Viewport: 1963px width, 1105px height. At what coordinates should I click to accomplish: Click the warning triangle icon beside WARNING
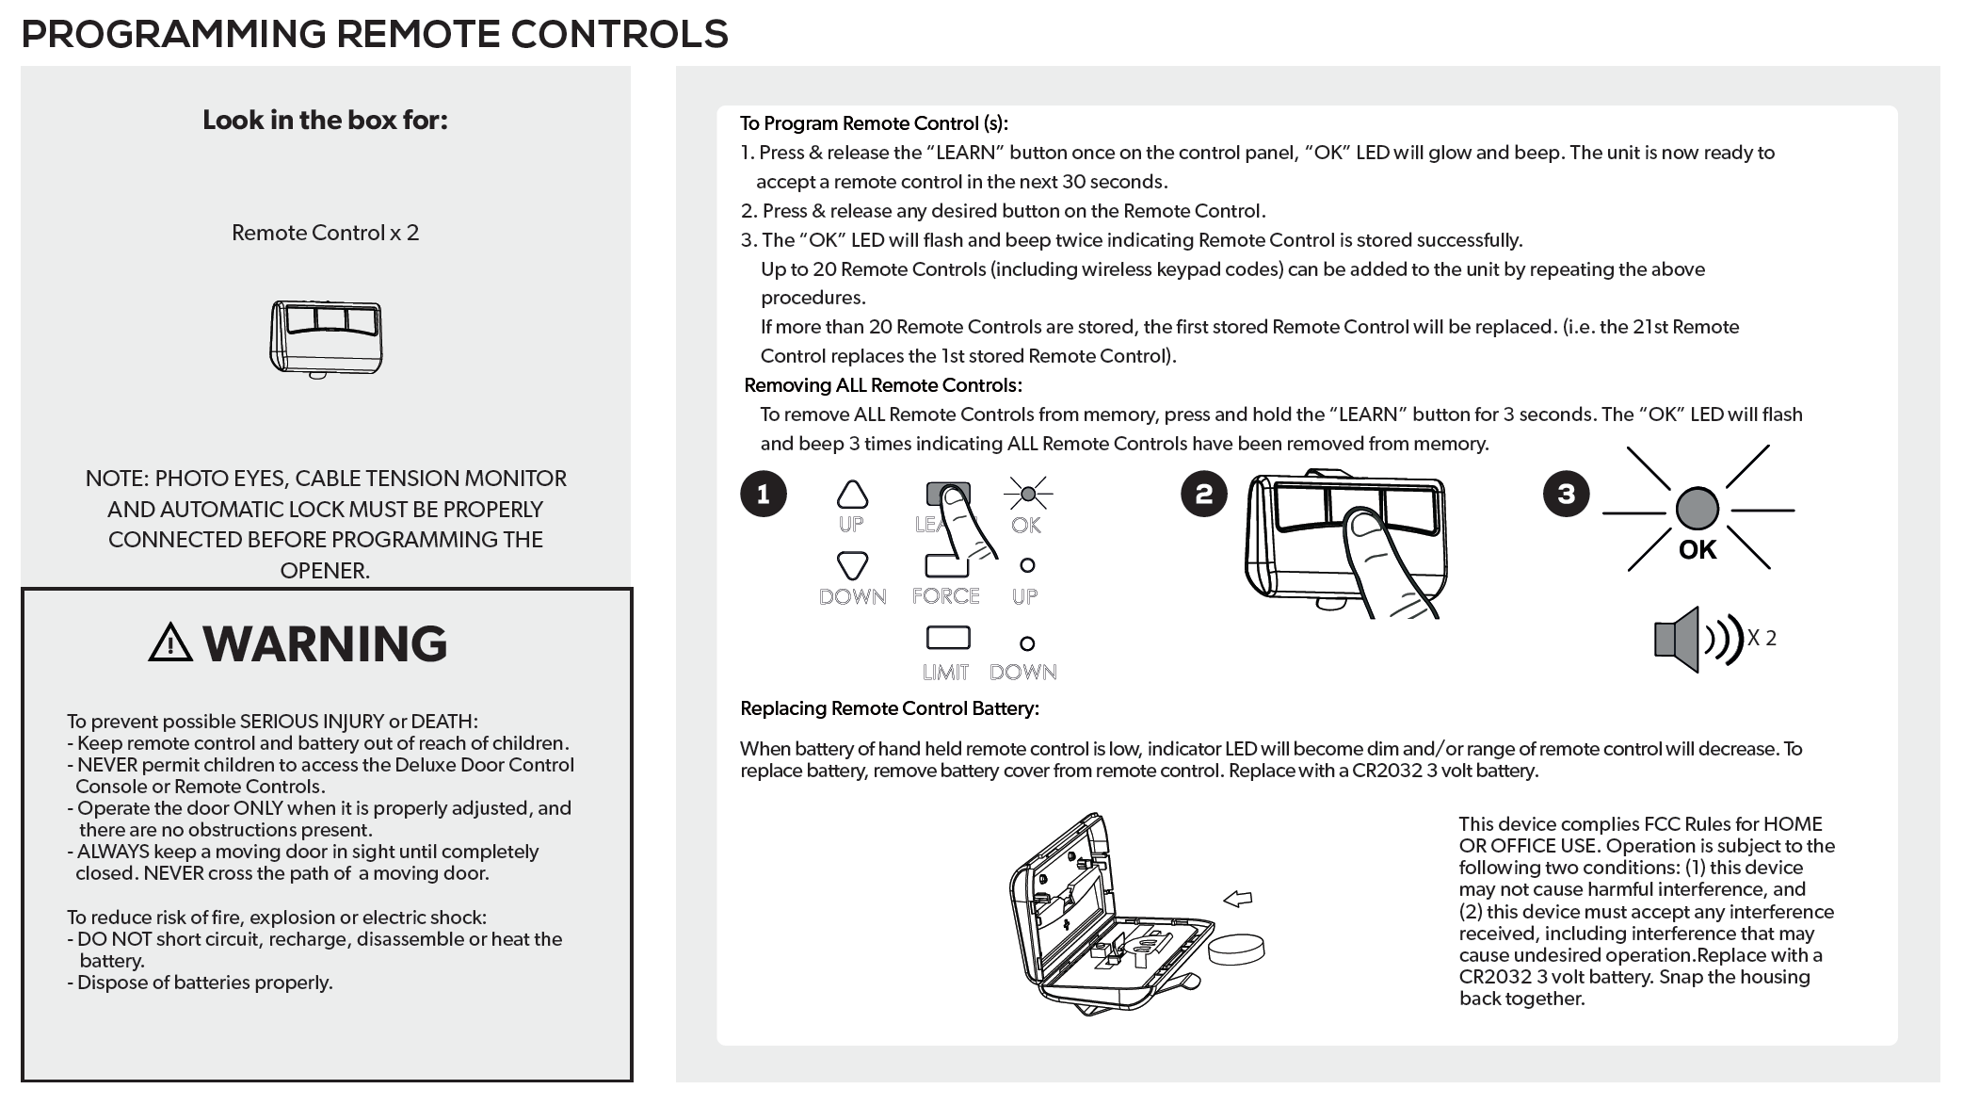[170, 642]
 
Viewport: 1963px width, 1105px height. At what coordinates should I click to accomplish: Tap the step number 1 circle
[763, 494]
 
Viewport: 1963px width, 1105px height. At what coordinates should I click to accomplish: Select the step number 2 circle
[1203, 494]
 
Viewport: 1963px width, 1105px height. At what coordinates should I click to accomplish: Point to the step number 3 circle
[1566, 494]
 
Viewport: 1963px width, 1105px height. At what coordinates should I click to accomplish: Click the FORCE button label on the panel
[945, 595]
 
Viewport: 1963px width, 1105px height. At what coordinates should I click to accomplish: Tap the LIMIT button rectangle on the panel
[948, 638]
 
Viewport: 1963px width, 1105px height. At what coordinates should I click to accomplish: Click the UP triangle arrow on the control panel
[852, 495]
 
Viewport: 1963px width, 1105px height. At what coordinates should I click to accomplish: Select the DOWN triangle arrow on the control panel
[852, 565]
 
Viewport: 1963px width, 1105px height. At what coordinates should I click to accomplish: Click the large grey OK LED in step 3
[1698, 509]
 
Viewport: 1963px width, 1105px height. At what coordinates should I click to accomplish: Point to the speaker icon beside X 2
[1678, 639]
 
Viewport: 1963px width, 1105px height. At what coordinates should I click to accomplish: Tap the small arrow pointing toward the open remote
[1237, 899]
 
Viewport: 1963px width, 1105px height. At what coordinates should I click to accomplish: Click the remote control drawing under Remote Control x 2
[326, 338]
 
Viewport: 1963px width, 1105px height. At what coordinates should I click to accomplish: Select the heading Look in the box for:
[325, 121]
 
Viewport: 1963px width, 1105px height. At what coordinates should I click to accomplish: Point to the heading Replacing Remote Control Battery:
[890, 708]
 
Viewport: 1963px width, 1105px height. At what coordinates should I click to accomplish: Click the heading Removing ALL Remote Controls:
[883, 385]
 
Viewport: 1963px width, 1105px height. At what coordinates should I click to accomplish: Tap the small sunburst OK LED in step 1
[1028, 494]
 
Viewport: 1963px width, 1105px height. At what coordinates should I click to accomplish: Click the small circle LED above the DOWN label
[1027, 643]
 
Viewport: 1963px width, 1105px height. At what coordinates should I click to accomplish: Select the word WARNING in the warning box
[325, 643]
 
